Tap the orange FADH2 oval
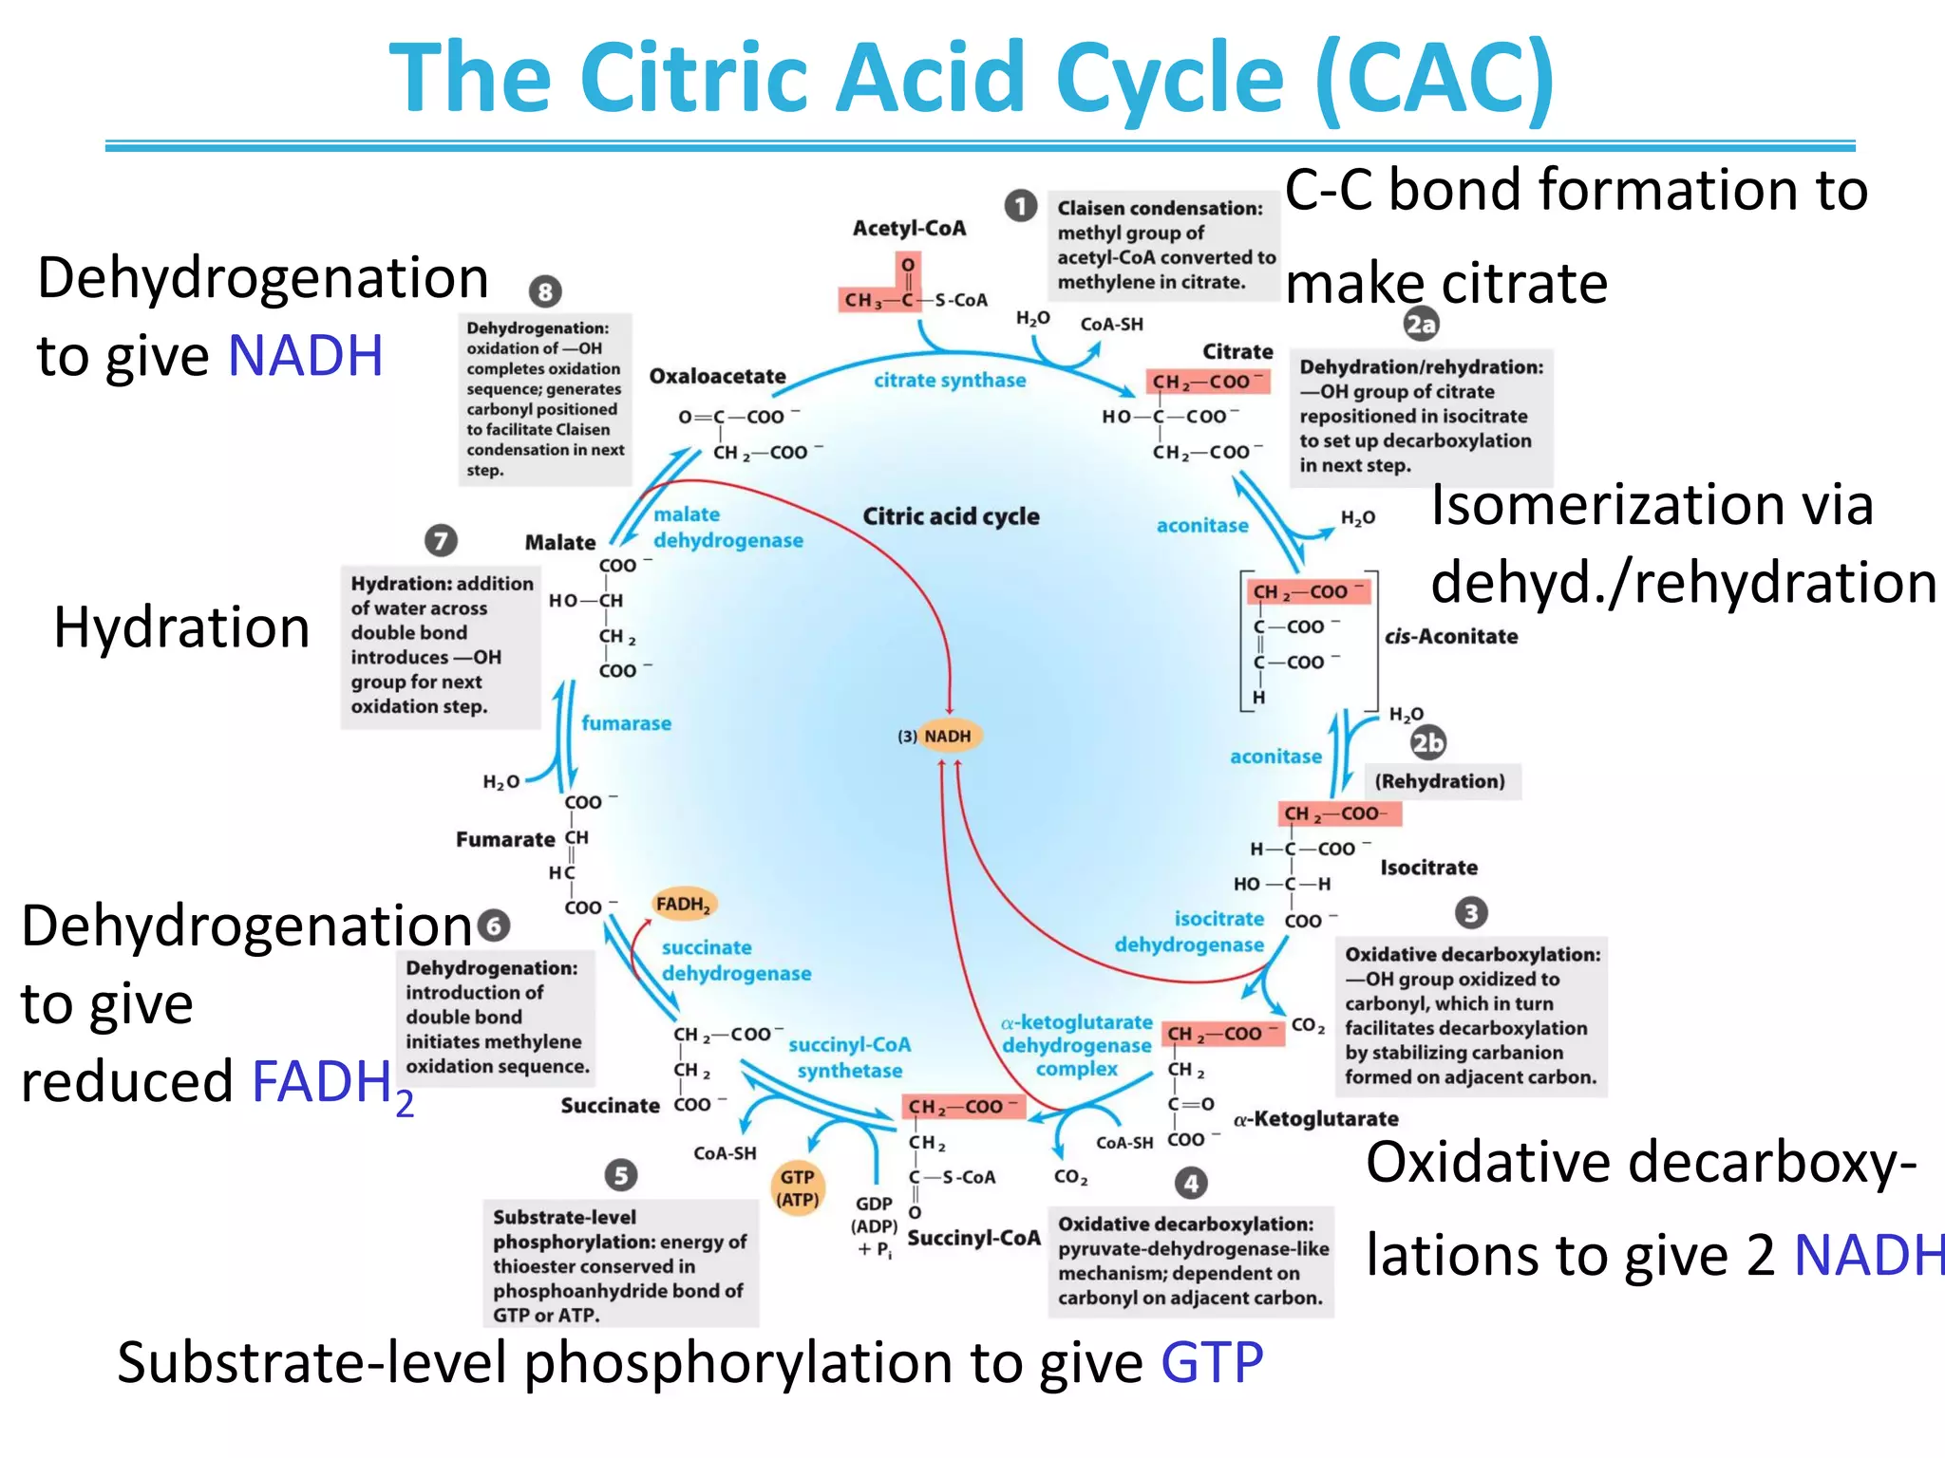(x=684, y=904)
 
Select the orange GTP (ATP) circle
(x=798, y=1188)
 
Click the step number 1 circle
(x=1021, y=206)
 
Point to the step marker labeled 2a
(x=1421, y=325)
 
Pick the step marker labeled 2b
(x=1427, y=742)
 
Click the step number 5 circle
(x=620, y=1175)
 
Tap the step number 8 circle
(x=545, y=291)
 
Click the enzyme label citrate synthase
(x=950, y=381)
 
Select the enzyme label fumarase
(x=626, y=723)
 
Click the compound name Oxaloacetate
(x=717, y=377)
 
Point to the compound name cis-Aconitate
(x=1450, y=637)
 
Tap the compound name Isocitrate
(x=1428, y=868)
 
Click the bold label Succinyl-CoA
(x=973, y=1238)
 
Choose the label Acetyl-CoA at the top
(x=909, y=229)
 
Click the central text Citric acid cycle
(x=951, y=516)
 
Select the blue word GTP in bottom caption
(x=1212, y=1363)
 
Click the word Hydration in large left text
(x=181, y=627)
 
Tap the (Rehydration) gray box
(x=1440, y=781)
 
